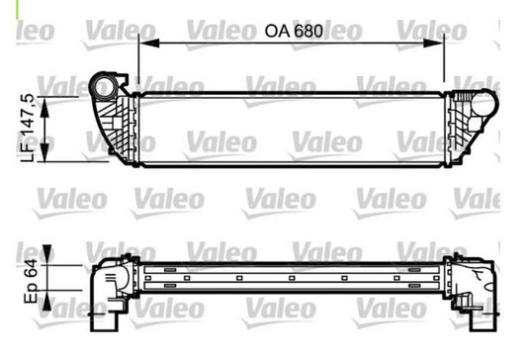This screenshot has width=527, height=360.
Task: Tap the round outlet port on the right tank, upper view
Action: coord(483,104)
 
